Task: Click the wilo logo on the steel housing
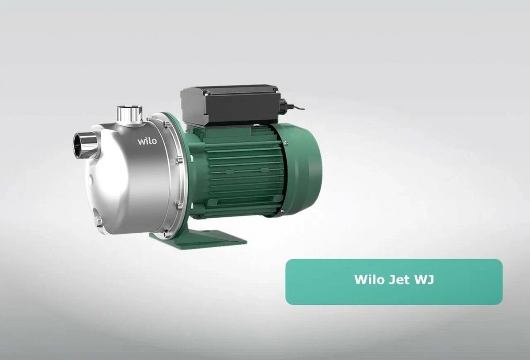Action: coord(147,141)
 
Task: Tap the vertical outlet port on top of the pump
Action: coord(129,114)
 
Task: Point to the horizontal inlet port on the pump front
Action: coord(84,145)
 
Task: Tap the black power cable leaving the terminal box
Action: coord(298,107)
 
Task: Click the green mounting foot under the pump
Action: coord(199,239)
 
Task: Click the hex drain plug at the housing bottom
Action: coord(98,220)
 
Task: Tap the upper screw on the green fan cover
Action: coord(286,142)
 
